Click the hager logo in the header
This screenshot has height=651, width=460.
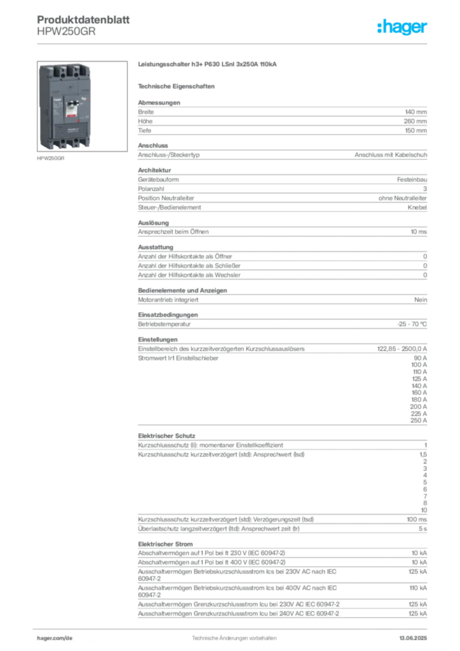coord(402,27)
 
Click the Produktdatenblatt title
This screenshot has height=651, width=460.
coord(83,20)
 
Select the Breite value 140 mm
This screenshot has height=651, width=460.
coord(416,112)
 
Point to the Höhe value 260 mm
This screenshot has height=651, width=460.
coord(415,121)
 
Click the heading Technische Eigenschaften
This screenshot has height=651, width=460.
coord(176,86)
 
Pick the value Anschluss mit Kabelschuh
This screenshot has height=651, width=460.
coord(391,155)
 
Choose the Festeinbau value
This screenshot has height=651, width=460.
coord(412,180)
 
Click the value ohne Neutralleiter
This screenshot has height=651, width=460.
coord(402,198)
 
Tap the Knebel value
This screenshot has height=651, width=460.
coord(417,208)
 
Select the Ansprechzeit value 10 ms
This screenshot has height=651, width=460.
coord(419,232)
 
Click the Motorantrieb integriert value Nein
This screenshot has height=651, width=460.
coord(421,300)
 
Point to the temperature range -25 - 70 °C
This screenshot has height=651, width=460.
coord(412,324)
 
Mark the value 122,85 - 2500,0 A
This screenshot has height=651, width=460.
coord(402,349)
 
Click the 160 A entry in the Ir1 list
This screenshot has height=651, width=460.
coord(419,393)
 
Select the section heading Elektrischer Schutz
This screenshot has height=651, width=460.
coord(166,436)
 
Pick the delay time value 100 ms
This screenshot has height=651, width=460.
coord(416,520)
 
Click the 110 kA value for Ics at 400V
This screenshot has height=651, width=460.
coord(417,588)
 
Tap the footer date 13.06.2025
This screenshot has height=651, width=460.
coord(413,638)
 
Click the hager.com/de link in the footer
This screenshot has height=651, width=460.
coord(55,638)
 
